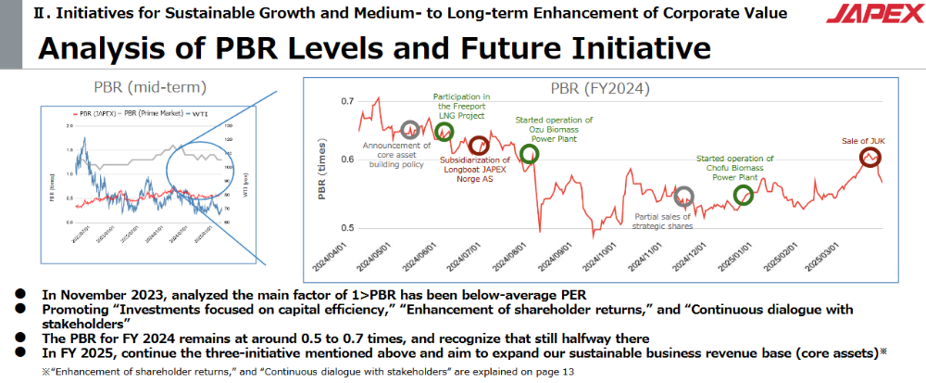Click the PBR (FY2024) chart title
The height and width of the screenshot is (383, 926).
pyautogui.click(x=600, y=89)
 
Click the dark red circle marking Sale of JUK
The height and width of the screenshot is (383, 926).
pyautogui.click(x=870, y=159)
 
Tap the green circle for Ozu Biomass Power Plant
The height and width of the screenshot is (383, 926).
pyautogui.click(x=530, y=154)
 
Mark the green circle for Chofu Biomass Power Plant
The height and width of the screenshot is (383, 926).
pyautogui.click(x=744, y=195)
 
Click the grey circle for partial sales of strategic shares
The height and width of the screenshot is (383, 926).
pyautogui.click(x=684, y=196)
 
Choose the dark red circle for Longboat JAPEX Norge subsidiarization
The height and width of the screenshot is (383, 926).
pyautogui.click(x=478, y=146)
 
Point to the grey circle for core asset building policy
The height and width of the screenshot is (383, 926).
pyautogui.click(x=410, y=130)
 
